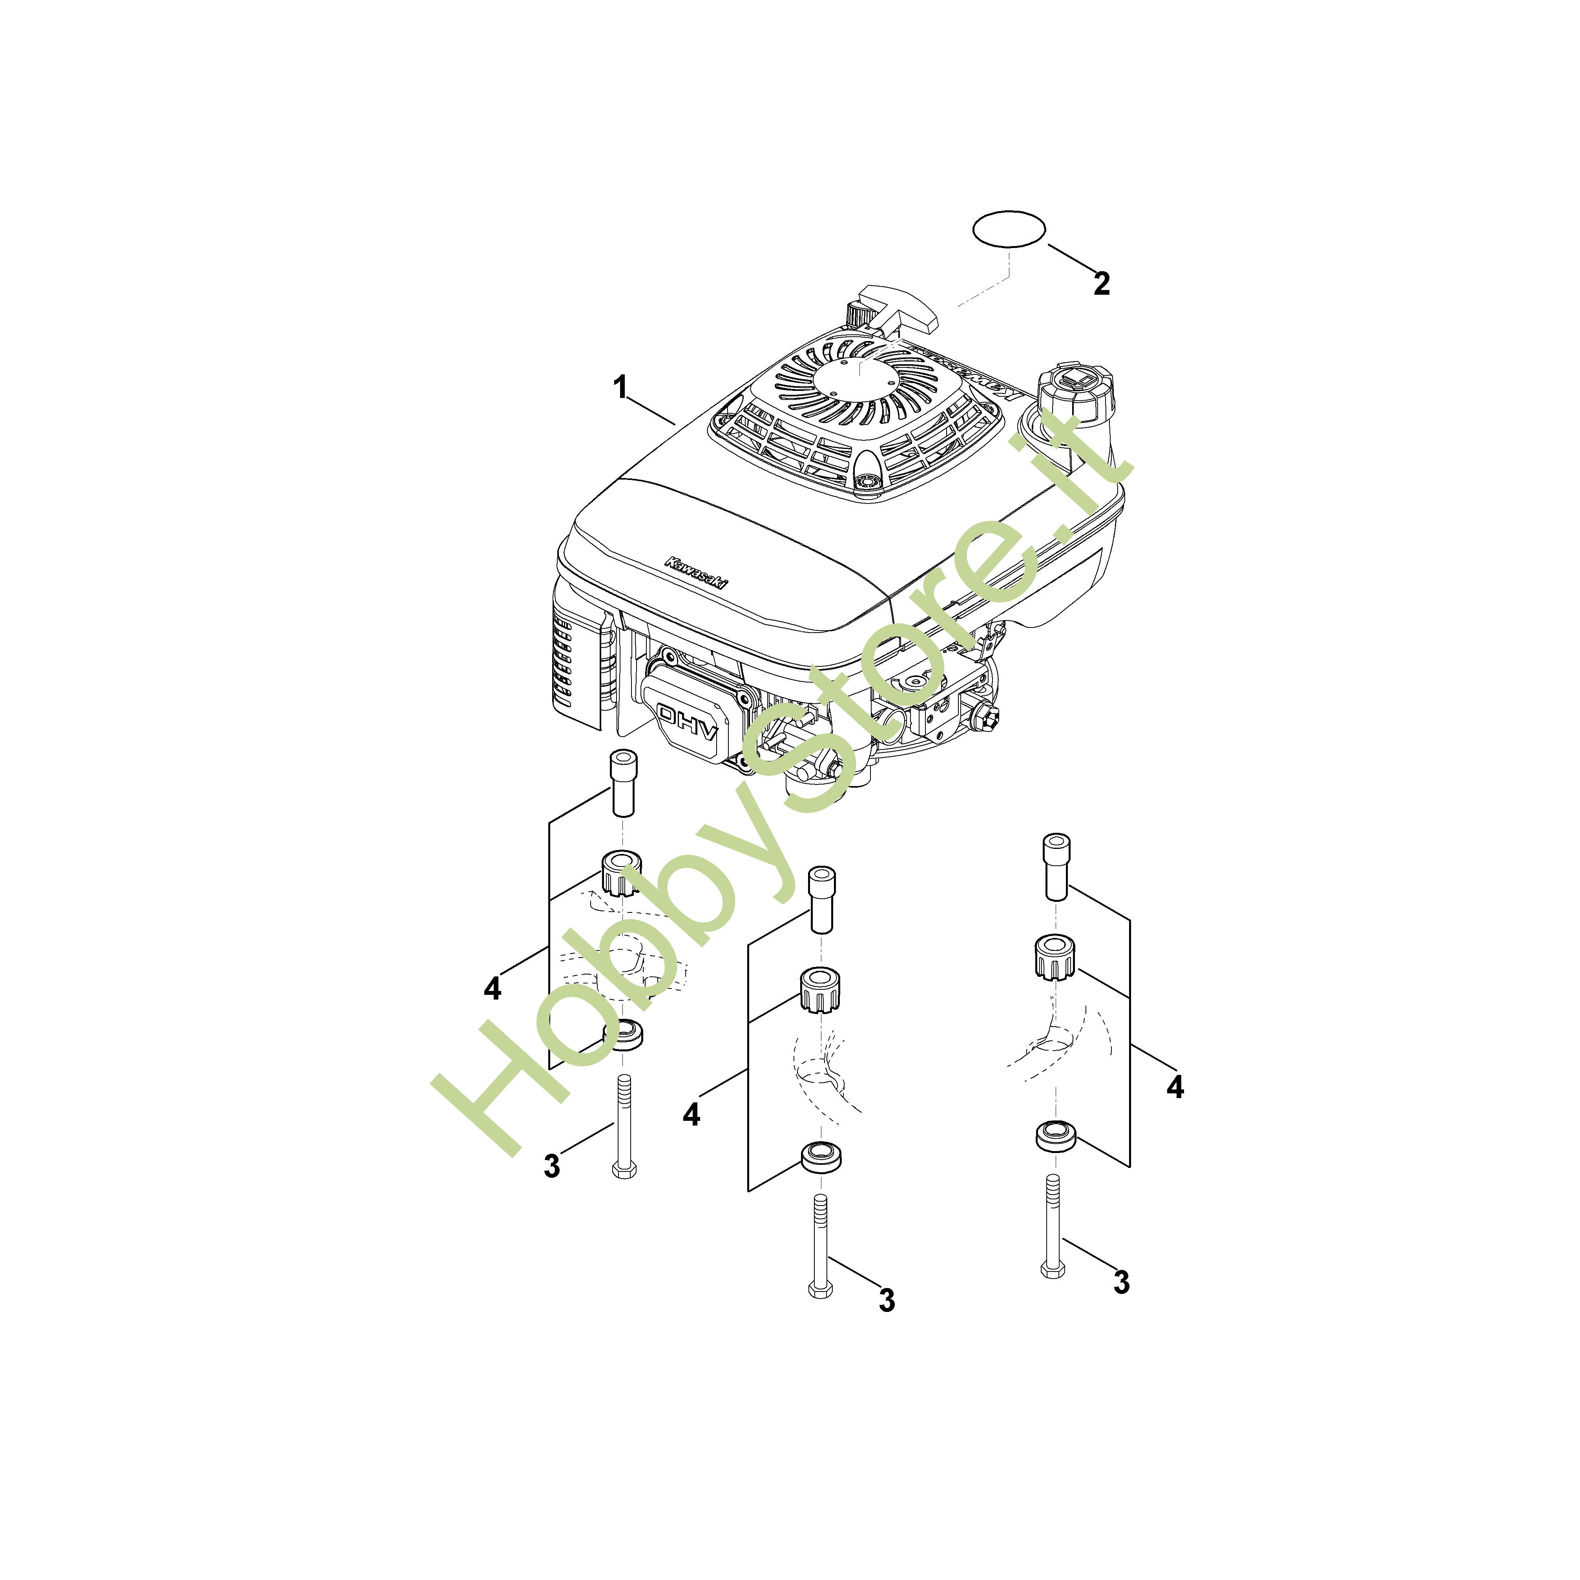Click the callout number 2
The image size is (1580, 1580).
1102,284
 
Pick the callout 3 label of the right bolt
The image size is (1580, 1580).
1121,1282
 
